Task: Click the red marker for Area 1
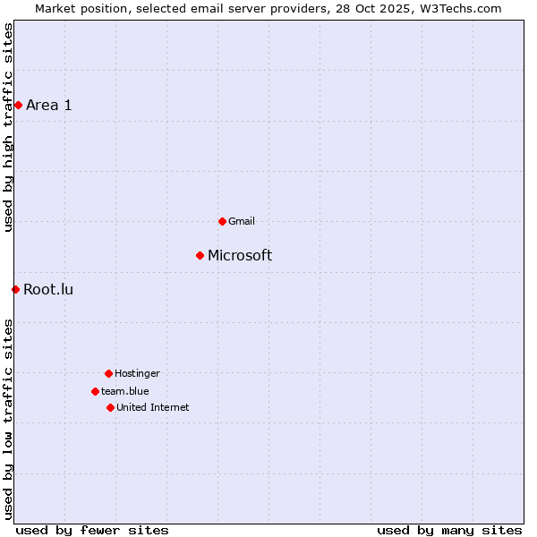tap(18, 105)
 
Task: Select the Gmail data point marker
tap(222, 221)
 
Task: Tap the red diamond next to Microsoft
tap(200, 255)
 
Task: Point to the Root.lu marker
tap(15, 289)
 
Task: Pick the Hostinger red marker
tap(108, 373)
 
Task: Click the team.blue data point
tap(95, 391)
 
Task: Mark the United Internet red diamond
tap(110, 407)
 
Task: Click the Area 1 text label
tap(49, 105)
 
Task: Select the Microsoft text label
tap(240, 255)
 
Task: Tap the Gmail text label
tap(242, 221)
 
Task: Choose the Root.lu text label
tap(48, 289)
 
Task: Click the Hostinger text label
tap(137, 373)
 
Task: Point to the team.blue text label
tap(125, 391)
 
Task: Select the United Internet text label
tap(152, 407)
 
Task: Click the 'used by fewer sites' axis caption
tap(92, 530)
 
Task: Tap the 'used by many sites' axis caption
tap(449, 530)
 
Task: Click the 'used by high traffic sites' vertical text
tap(9, 127)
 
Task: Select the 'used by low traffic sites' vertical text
tap(9, 418)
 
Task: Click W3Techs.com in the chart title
tap(459, 8)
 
